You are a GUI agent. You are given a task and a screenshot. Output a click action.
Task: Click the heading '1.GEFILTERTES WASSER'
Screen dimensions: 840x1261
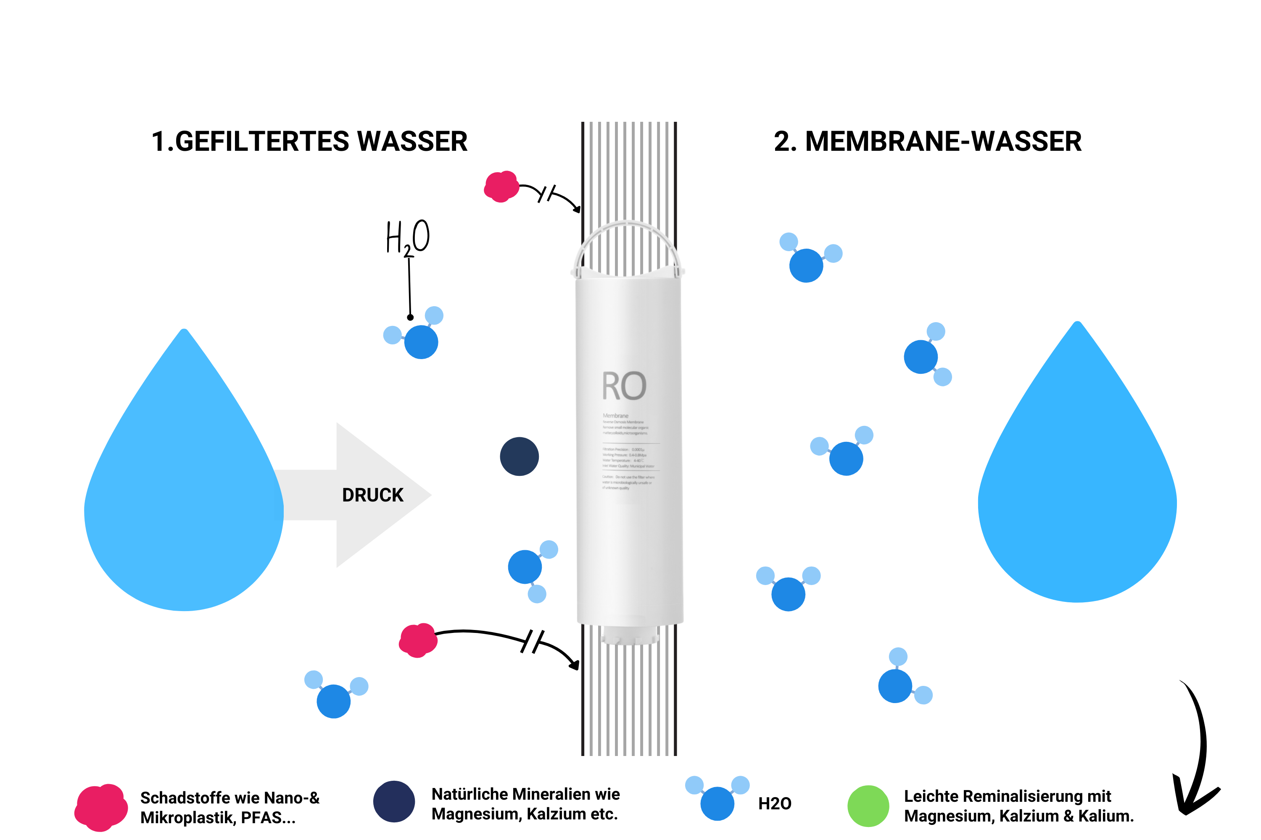pyautogui.click(x=309, y=142)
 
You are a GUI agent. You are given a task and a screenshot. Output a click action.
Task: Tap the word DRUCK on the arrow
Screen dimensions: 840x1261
pyautogui.click(x=372, y=495)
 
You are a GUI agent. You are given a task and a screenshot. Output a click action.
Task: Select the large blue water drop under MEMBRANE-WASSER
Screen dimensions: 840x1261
pyautogui.click(x=1076, y=488)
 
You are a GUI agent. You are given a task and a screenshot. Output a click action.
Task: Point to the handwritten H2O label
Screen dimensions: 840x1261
pyautogui.click(x=407, y=237)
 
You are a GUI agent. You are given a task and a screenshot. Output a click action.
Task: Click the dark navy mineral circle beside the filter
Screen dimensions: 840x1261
pyautogui.click(x=519, y=457)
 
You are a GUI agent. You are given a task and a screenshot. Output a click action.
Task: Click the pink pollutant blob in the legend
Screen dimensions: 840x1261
pyautogui.click(x=101, y=807)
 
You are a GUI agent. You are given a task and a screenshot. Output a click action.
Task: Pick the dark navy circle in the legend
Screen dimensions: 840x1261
pyautogui.click(x=394, y=801)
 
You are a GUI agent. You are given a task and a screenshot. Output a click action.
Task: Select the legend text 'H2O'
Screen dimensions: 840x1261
pyautogui.click(x=775, y=803)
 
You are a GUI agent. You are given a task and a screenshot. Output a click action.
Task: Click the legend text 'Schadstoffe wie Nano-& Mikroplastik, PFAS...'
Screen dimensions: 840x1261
pyautogui.click(x=230, y=808)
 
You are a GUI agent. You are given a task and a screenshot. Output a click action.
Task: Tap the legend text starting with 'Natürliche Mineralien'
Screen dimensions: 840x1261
pyautogui.click(x=525, y=803)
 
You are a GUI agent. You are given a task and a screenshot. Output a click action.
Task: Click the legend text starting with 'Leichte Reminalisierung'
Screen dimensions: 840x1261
pyautogui.click(x=1018, y=806)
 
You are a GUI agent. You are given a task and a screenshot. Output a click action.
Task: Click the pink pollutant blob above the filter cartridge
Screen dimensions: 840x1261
pyautogui.click(x=501, y=186)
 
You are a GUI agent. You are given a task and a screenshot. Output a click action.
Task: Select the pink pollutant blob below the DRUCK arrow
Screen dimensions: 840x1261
pyautogui.click(x=418, y=640)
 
